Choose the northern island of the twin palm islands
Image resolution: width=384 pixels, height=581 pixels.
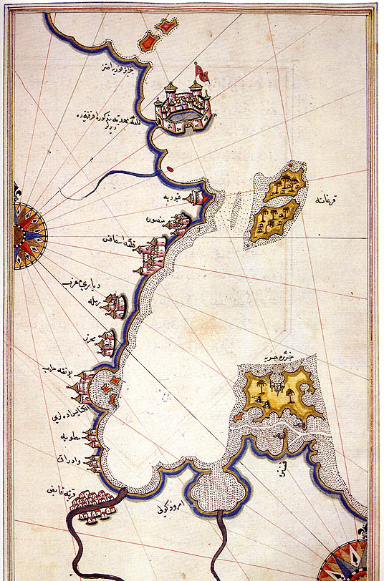[284, 185]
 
